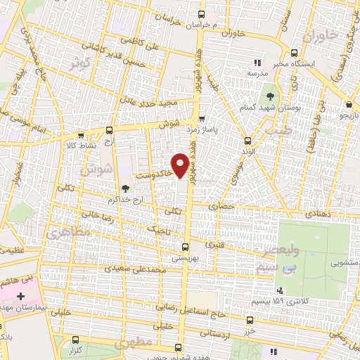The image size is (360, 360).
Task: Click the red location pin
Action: (181, 165)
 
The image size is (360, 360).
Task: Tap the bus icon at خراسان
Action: (202, 14)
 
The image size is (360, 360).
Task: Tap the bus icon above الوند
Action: (246, 140)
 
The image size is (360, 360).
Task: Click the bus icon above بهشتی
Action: (185, 247)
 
